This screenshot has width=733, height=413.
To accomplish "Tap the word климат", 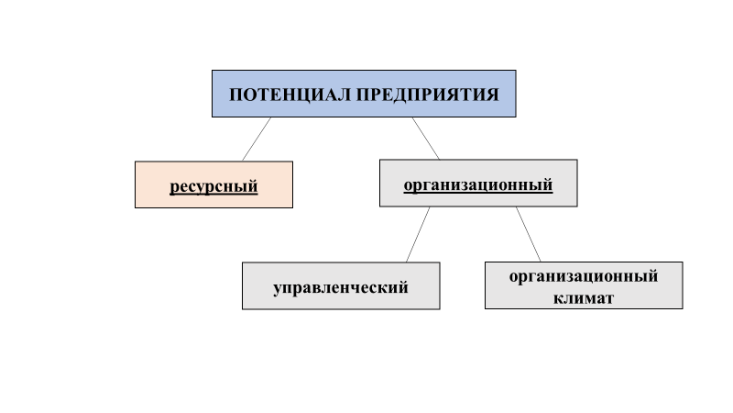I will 584,298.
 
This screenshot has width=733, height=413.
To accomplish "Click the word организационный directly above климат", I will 584,274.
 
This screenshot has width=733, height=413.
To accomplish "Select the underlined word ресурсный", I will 213,186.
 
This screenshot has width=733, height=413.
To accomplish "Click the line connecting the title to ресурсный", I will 257,139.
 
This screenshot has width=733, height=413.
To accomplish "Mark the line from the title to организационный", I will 425,138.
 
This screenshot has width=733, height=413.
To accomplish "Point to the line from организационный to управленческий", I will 418,234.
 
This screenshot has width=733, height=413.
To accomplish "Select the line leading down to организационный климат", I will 528,234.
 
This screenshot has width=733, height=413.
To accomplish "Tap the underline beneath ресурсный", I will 213,195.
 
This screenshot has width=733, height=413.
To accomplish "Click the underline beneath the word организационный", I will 478,193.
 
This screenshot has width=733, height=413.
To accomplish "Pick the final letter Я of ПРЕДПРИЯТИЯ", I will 494,95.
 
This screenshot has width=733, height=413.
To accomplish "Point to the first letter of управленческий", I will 278,288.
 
